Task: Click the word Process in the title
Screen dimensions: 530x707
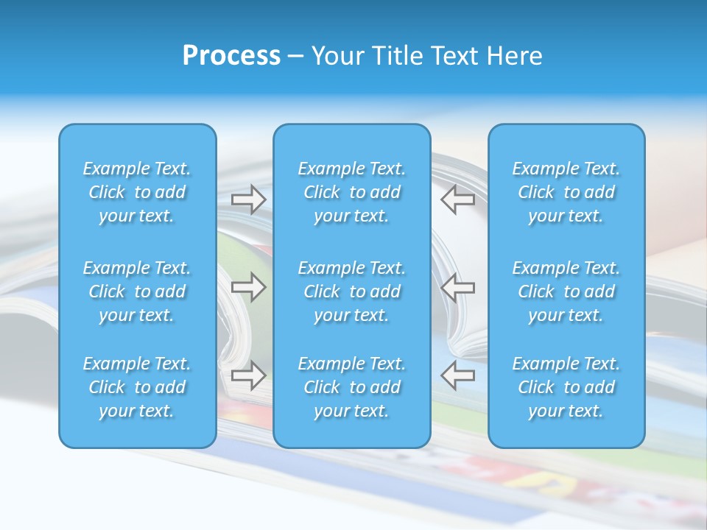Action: click(x=231, y=56)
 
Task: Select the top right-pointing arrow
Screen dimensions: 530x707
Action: click(x=249, y=199)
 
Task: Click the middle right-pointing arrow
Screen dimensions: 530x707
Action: click(x=249, y=286)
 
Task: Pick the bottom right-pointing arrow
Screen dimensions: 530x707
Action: click(x=249, y=375)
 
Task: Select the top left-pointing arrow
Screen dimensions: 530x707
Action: click(x=458, y=199)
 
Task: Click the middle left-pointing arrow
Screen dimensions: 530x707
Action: click(x=458, y=286)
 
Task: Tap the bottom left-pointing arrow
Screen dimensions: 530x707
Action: click(x=458, y=375)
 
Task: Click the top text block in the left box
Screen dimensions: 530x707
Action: click(x=137, y=192)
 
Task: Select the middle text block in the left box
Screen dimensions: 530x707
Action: click(x=137, y=291)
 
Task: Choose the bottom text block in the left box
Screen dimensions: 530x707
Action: click(x=137, y=387)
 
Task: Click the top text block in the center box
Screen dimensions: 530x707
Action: click(x=352, y=192)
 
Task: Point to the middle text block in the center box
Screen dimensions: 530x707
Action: click(x=352, y=291)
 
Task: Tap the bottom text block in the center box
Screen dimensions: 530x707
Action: click(x=352, y=387)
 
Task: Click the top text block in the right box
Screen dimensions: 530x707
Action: click(x=566, y=192)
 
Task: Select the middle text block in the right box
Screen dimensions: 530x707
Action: click(x=566, y=291)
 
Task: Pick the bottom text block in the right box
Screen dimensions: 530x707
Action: click(x=566, y=387)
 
